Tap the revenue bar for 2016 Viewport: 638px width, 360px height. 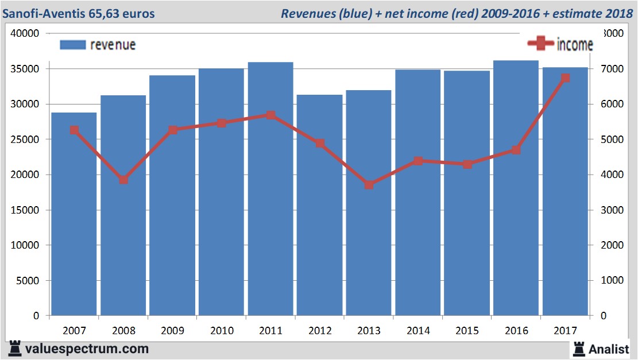coord(516,230)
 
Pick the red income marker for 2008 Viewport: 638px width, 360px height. coord(123,180)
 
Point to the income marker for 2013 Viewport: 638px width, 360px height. coord(369,185)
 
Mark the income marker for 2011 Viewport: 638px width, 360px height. coord(270,115)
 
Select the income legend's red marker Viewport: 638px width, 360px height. coord(541,44)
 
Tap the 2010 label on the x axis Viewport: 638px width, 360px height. coord(222,331)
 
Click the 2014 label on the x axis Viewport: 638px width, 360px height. coord(418,331)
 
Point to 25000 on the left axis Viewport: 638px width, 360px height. coord(26,140)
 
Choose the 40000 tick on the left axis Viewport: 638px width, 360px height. coord(26,33)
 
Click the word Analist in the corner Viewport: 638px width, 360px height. coord(609,349)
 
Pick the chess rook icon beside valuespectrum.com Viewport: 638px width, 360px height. coord(15,348)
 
